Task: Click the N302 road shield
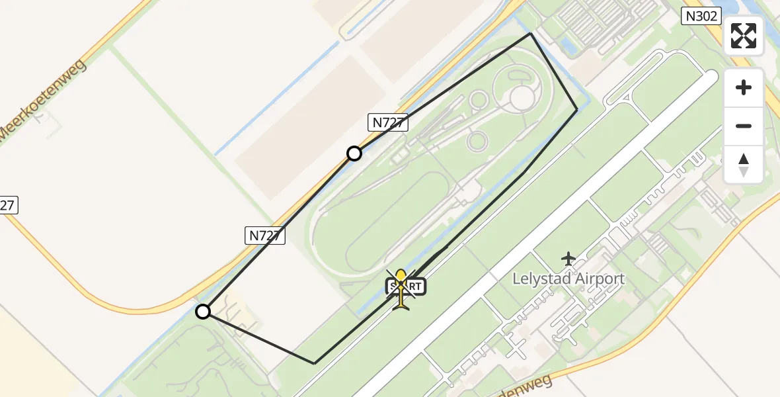coord(701,16)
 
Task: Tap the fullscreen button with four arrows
coord(744,36)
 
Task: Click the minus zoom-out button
coord(744,126)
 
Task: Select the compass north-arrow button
coord(744,164)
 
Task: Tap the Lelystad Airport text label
coord(568,279)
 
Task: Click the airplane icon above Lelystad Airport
coord(568,259)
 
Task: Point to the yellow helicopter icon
coord(401,290)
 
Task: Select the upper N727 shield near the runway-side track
coord(388,122)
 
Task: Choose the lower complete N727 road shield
coord(266,235)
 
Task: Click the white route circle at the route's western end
coord(203,312)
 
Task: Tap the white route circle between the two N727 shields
coord(354,154)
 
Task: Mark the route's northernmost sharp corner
coord(531,34)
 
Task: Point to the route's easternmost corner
coord(577,109)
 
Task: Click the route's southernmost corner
coord(315,363)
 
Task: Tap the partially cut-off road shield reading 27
coord(7,205)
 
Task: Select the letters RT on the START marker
coord(414,287)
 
